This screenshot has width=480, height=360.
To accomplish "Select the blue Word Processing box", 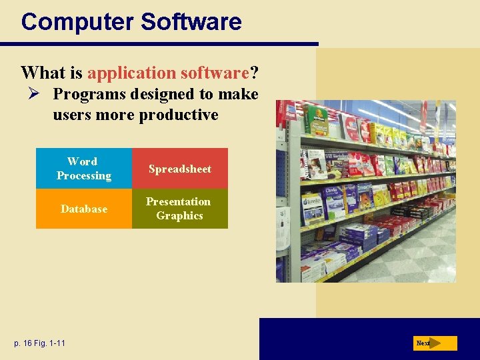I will coord(84,169).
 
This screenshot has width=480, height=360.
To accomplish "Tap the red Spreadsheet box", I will coord(180,169).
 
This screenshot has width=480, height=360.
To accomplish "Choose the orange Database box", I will coord(84,209).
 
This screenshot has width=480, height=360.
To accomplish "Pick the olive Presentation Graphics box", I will coord(180,209).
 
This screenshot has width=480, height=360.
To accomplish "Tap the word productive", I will coord(178,115).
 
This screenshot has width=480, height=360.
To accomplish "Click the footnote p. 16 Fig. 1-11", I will coord(39,343).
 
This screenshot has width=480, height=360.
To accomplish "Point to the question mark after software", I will coord(254,72).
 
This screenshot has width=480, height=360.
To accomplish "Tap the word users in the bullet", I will coord(73,115).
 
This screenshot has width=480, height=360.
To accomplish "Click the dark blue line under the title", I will coord(160,44).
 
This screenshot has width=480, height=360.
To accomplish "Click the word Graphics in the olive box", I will coord(179,216).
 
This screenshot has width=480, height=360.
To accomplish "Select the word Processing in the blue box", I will coord(84,176).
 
